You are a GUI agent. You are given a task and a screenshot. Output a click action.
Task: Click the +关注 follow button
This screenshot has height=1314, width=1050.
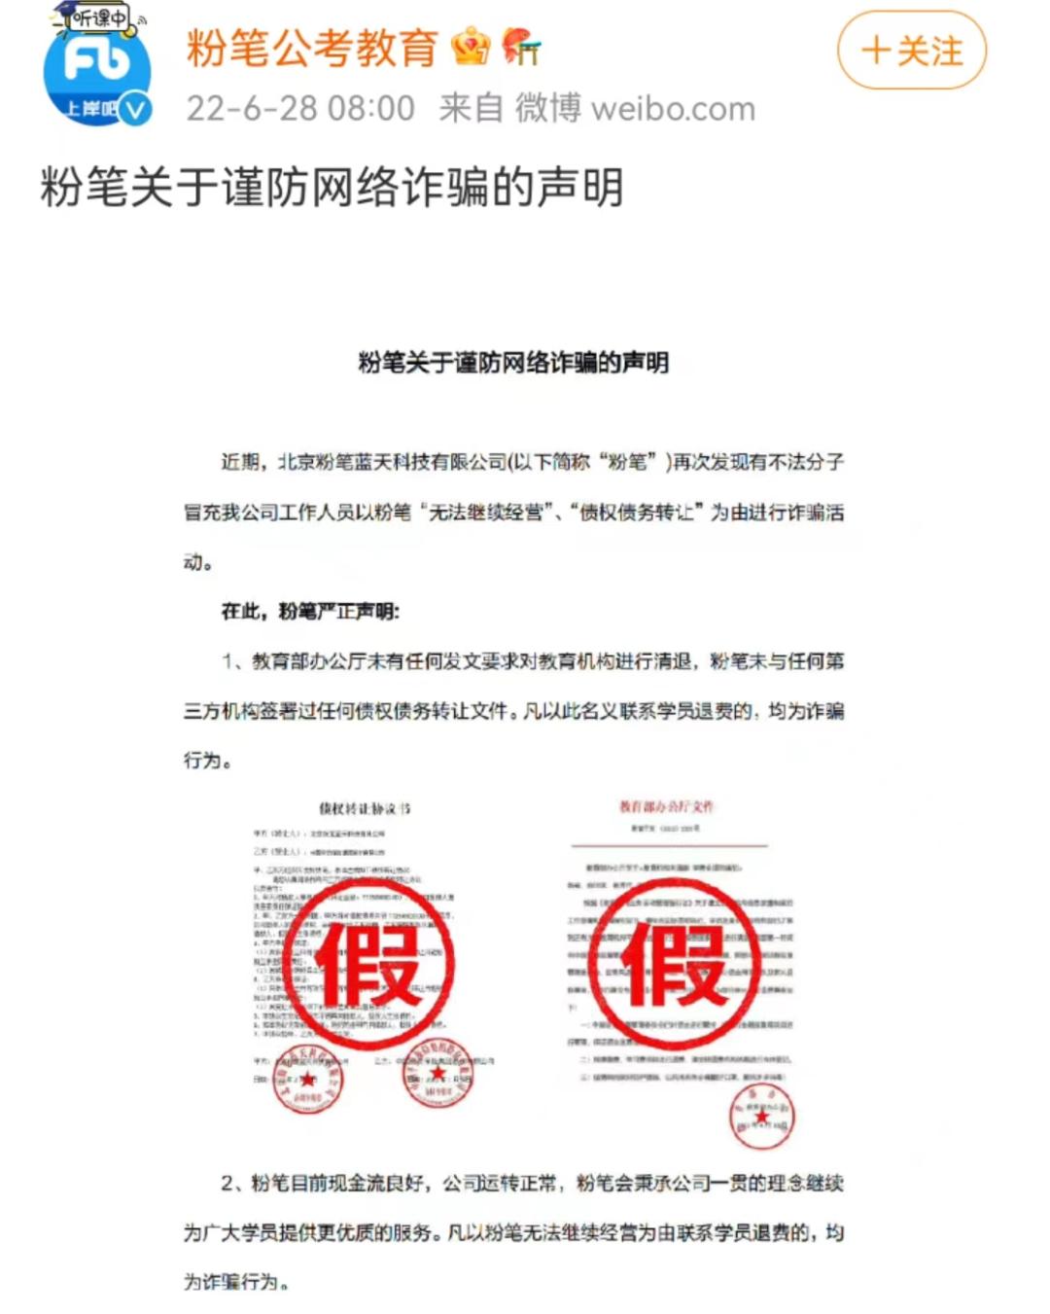911,51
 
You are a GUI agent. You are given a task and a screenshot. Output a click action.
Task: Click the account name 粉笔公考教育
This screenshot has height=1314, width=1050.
312,48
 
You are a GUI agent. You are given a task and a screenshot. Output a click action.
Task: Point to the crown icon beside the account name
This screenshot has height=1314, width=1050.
472,47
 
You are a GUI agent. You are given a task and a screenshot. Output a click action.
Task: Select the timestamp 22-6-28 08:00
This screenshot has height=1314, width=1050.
300,108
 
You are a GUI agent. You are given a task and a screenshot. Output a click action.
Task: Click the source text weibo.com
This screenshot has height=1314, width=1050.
673,109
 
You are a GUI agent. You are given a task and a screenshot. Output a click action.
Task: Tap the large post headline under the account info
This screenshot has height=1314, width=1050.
332,187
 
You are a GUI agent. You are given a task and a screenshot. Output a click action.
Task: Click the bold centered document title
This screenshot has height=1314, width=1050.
513,363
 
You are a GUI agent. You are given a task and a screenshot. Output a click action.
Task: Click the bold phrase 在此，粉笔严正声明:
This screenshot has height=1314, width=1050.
310,611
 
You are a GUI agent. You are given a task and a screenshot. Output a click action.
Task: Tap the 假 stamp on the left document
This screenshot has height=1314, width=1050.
368,964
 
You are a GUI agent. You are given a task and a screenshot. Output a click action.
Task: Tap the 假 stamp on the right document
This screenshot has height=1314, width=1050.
674,964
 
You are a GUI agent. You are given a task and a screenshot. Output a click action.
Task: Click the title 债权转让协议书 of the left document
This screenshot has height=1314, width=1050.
365,808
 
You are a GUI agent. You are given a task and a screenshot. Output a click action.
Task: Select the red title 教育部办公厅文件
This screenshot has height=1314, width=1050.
667,806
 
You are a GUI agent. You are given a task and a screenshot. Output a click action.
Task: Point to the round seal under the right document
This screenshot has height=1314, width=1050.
762,1115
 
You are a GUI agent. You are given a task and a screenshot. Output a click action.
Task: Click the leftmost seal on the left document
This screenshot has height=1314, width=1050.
307,1079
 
